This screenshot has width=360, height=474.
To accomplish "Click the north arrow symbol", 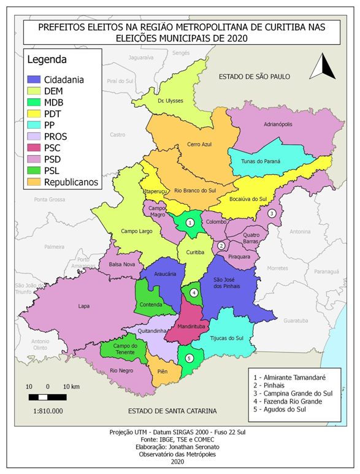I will (322, 67).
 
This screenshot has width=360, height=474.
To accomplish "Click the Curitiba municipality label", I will (194, 252).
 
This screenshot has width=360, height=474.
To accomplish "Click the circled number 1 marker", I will (190, 223).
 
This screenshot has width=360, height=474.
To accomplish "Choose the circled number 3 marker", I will (271, 213).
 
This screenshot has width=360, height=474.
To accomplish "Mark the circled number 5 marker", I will (190, 358).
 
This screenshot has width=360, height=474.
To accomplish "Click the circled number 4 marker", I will (194, 292).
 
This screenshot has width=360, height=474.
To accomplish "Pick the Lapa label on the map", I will (83, 305).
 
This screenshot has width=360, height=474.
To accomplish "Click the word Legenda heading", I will (47, 61).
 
